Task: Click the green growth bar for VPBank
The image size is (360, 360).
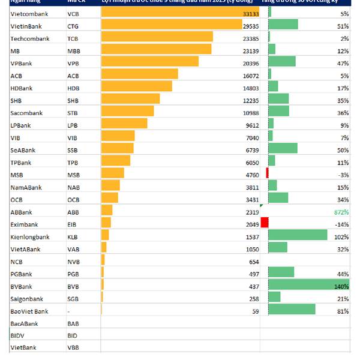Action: [x=282, y=61]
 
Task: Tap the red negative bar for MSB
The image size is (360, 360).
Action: [x=267, y=173]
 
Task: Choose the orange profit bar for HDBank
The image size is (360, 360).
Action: [x=137, y=86]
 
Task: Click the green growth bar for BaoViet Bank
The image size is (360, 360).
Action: [x=292, y=309]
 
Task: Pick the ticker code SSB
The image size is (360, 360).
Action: [x=73, y=150]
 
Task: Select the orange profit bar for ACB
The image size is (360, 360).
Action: [x=140, y=74]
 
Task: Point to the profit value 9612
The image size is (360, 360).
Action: [x=252, y=125]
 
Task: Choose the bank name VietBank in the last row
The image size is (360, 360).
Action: [x=23, y=347]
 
